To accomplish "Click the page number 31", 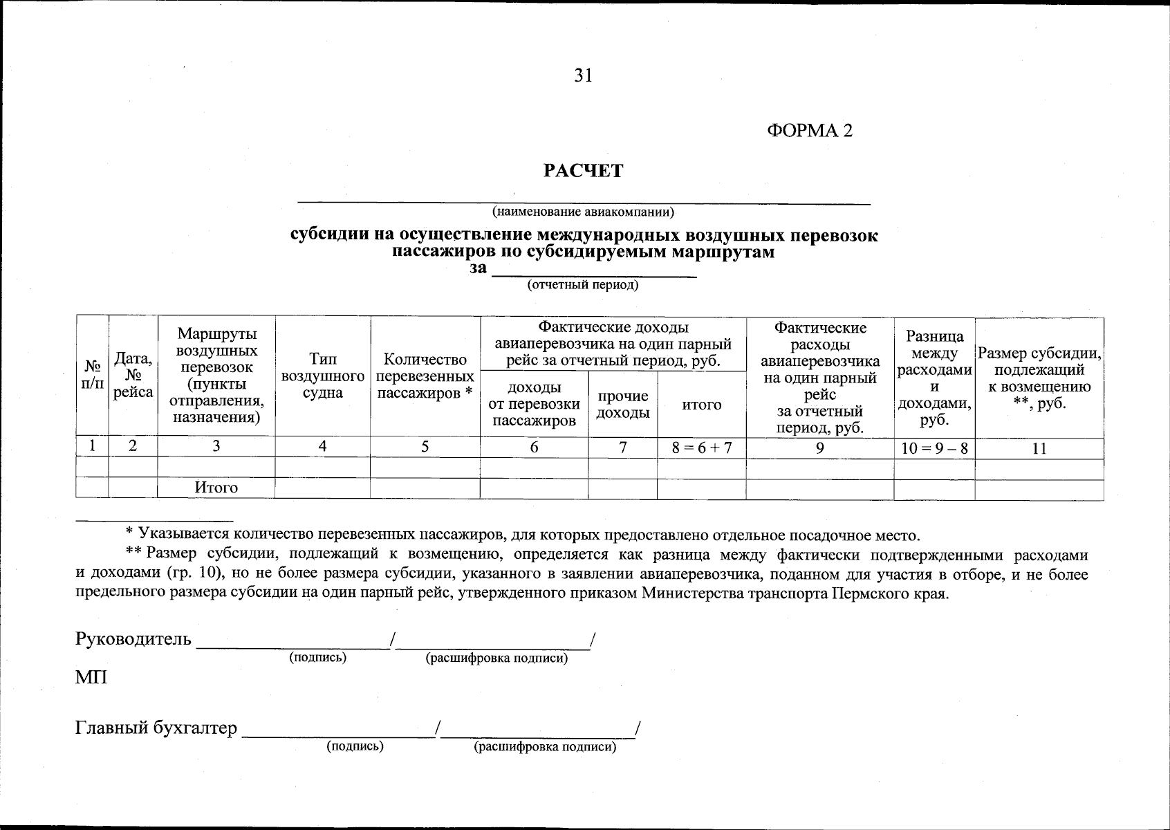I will [x=584, y=75].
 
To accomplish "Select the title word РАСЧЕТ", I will [x=583, y=171].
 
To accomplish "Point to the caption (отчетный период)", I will [x=583, y=285].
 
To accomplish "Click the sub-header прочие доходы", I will [x=622, y=404].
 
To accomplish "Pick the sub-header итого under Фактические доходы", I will [x=701, y=405].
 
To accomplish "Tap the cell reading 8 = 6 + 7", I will [x=701, y=448].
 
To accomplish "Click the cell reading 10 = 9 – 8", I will [x=934, y=448].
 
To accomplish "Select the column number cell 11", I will [x=1039, y=448].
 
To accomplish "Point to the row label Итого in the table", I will [x=216, y=488].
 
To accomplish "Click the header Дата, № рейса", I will [x=133, y=376].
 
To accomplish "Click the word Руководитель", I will [x=133, y=638].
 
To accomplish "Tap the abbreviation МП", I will [x=91, y=677].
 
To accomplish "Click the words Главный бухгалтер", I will [x=156, y=728].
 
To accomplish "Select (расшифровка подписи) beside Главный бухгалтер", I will [x=544, y=747].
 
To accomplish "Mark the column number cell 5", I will [x=425, y=448].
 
